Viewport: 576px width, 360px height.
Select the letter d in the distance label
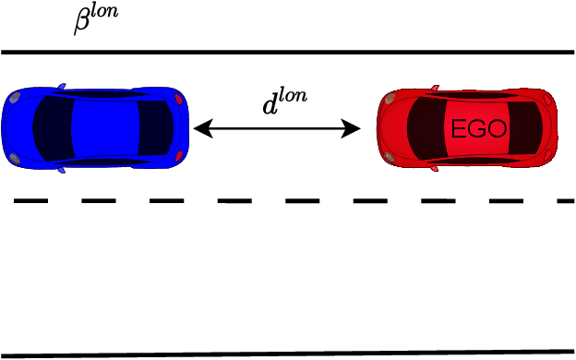270,105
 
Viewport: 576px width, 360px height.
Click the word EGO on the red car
478,129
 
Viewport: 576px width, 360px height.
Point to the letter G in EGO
478,129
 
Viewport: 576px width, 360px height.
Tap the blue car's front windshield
52,127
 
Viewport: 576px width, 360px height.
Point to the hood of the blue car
18,127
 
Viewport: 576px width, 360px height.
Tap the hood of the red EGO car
392,128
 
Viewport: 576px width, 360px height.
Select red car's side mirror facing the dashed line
435,169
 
